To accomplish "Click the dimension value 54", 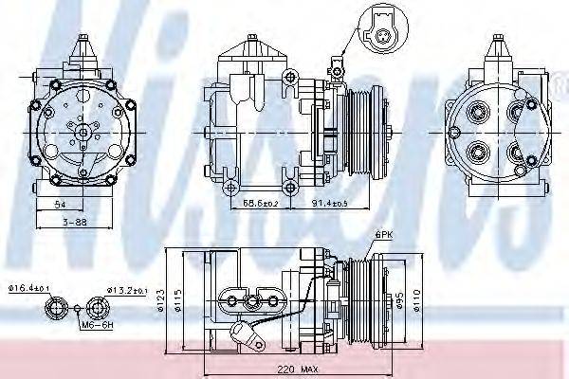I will pos(60,204).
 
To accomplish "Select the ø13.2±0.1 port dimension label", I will pos(126,290).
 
